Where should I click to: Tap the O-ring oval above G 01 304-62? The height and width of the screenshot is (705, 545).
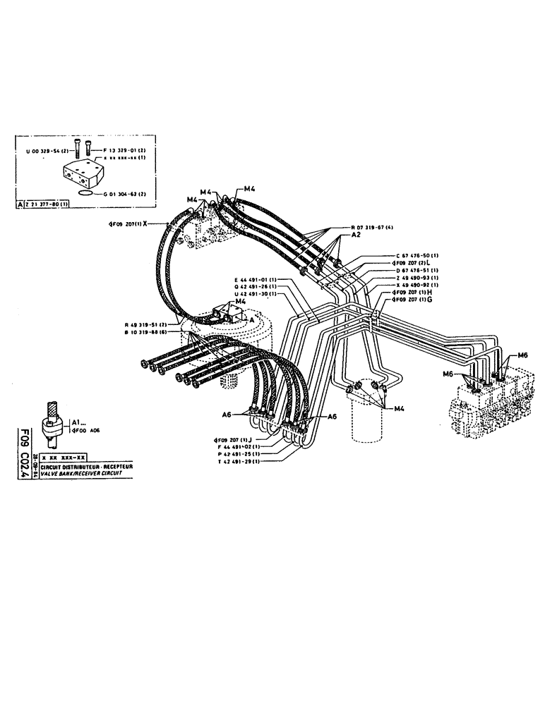[x=85, y=191]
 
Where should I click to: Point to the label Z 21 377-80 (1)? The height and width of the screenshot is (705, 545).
[x=48, y=204]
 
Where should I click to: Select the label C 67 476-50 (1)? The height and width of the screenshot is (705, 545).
[x=416, y=255]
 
